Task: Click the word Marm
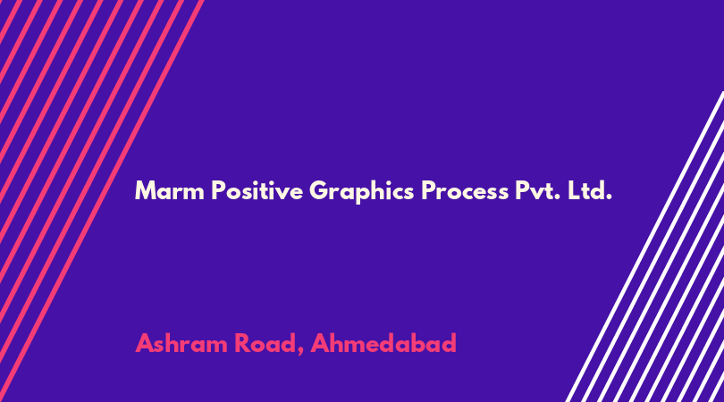tap(170, 190)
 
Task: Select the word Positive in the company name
tap(257, 190)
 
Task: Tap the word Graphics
tap(361, 191)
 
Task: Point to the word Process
tap(465, 190)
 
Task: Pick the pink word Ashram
tap(181, 343)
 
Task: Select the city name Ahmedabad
tap(383, 343)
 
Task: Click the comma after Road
tap(300, 352)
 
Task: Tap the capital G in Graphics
tap(319, 190)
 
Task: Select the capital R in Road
tap(241, 343)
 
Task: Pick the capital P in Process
tap(428, 190)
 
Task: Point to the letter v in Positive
tap(284, 193)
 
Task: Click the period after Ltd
tap(610, 197)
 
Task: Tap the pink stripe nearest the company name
tap(102, 201)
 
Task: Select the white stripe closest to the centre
tap(644, 247)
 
